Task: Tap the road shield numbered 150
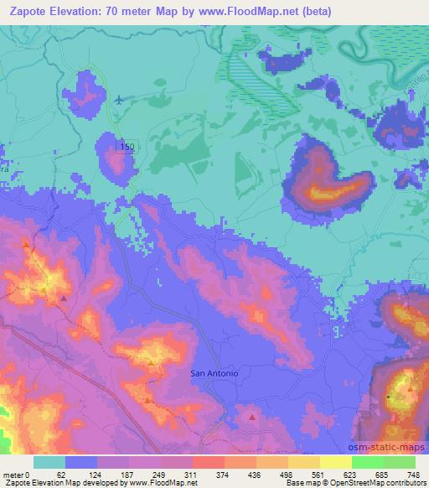pos(126,148)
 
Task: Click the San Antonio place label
pos(215,372)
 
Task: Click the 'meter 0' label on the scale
pos(14,474)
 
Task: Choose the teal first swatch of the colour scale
pos(49,462)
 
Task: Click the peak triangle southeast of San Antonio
pos(252,415)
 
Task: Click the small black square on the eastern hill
pos(389,395)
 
